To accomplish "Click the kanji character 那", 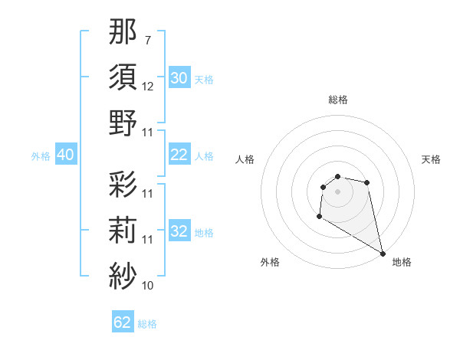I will (123, 34).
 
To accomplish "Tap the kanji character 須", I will (123, 78).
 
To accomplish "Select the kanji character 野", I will (123, 123).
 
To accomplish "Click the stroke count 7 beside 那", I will (148, 40).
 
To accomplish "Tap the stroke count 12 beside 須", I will (148, 87).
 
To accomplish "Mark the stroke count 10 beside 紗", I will (148, 286).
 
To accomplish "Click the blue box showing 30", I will (179, 78).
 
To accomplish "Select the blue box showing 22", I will (179, 155).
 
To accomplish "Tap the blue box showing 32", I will (179, 232).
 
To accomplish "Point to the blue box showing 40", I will (65, 155).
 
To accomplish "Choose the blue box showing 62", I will (123, 322).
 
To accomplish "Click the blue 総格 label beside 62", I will (147, 324).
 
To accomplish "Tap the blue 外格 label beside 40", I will (41, 156).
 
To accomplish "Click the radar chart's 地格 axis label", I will (402, 262).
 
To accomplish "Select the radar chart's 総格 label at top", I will (338, 100).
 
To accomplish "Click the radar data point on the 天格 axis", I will (367, 182).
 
